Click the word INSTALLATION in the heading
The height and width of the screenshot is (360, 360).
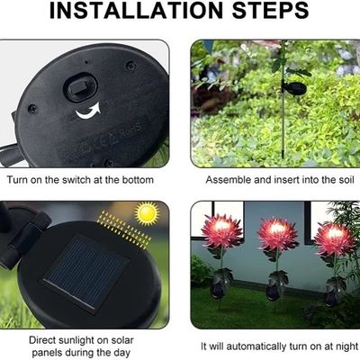pos(136,11)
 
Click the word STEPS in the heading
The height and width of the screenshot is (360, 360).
pos(271,11)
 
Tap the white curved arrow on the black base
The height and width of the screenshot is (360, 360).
pos(87,111)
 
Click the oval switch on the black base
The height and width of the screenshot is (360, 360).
pos(80,88)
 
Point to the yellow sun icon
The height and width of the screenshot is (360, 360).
pos(147,213)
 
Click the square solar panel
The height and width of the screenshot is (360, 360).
pos(85,273)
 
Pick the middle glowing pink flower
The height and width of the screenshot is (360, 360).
pos(277,233)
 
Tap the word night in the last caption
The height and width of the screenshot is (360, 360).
pos(346,346)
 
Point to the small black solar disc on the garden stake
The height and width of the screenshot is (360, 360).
pos(294,87)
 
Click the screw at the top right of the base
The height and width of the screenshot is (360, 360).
pos(130,65)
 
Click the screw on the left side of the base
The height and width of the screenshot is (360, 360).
pos(32,109)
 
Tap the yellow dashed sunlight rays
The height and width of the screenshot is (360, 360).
pos(123,229)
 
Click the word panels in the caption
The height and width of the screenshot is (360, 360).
pos(47,353)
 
